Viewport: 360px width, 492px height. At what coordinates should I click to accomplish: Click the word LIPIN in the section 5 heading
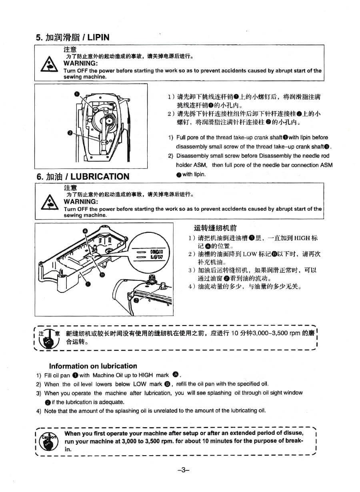98,37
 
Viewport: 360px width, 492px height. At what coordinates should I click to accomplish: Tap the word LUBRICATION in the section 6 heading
100,176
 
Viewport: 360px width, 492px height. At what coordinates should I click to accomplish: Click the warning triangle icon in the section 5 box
49,64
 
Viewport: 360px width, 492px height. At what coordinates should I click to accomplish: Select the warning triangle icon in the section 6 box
50,202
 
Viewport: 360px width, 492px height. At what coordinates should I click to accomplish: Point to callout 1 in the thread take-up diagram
77,94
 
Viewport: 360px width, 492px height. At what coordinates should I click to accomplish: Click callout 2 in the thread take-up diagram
70,133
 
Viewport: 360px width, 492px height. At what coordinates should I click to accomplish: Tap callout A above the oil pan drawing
85,231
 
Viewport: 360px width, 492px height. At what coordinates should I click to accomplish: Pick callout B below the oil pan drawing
102,274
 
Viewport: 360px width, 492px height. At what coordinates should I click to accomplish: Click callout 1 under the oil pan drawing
88,284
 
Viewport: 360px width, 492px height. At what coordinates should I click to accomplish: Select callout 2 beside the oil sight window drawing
136,300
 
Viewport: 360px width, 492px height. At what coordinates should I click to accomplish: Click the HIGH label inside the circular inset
156,252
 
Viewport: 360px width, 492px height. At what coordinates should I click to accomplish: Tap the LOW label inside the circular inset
157,257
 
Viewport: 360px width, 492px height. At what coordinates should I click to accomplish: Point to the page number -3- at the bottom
183,470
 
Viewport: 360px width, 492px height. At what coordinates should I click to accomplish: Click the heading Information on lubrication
93,366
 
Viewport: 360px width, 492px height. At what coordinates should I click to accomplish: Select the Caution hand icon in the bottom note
48,442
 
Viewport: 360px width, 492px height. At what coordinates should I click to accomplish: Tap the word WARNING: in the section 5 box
81,63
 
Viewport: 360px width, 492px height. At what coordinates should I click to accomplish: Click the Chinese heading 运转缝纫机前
215,228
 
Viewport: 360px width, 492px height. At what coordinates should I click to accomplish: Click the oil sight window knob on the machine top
152,279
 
